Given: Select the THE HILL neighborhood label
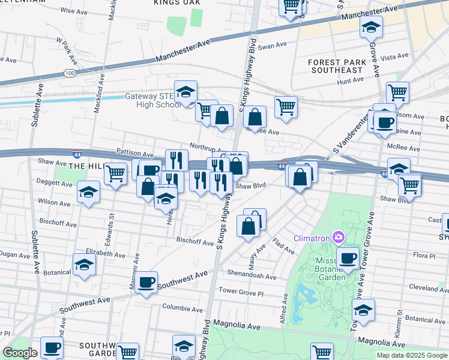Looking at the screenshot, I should click(87, 166).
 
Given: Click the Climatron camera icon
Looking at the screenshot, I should click(339, 238).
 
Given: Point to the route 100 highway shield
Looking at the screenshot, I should click(70, 73).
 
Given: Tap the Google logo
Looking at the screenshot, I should click(20, 353).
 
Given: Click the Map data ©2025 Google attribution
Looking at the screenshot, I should click(412, 355).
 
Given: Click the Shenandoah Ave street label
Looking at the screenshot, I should click(252, 277).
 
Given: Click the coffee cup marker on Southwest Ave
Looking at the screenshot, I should click(146, 282).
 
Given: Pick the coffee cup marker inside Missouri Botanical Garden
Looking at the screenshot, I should click(348, 258).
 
